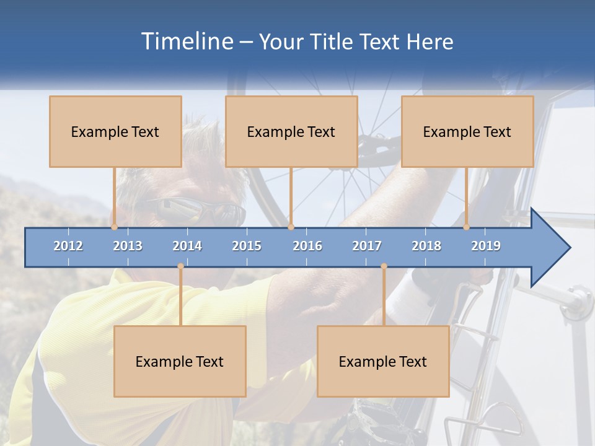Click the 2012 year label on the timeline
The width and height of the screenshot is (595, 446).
coord(68,246)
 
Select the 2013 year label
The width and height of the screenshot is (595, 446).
coord(128,246)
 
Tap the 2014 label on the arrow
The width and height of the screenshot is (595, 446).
coord(187,246)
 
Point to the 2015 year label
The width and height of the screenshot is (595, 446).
coord(247,246)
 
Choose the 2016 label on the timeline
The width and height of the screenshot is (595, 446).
coord(307,246)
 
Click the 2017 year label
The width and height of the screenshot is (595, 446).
coord(367,246)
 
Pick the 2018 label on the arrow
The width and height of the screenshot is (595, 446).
coord(426,246)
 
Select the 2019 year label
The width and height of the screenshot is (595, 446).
coord(486,246)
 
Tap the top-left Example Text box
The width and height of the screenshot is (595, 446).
coord(115,131)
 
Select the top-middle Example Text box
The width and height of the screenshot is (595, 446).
coord(291,131)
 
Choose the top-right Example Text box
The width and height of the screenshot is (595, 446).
coord(467,131)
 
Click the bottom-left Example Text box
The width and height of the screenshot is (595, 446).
coord(180,361)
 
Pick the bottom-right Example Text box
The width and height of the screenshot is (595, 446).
coord(383,361)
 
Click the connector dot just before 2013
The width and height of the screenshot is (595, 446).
coord(114,227)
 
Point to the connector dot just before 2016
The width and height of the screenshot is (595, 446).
coord(291,227)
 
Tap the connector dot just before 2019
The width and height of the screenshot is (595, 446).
coord(466,227)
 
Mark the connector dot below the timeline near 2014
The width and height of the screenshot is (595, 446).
coord(180,266)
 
